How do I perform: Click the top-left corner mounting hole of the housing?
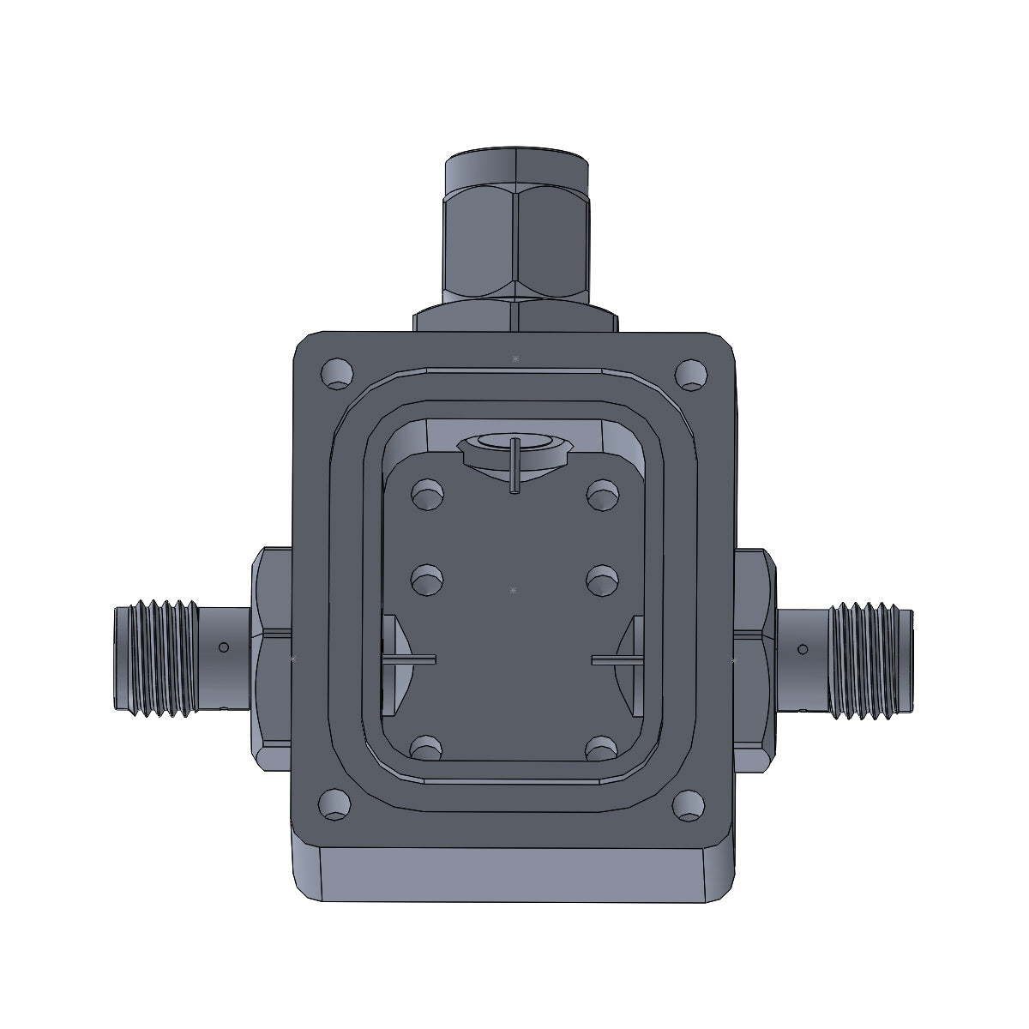[x=336, y=374]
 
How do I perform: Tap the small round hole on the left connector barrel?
[x=224, y=647]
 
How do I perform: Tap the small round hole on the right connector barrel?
[x=803, y=648]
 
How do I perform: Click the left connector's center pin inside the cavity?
[x=409, y=659]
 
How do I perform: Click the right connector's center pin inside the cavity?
[x=618, y=659]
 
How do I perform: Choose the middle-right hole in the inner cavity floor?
[x=601, y=580]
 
